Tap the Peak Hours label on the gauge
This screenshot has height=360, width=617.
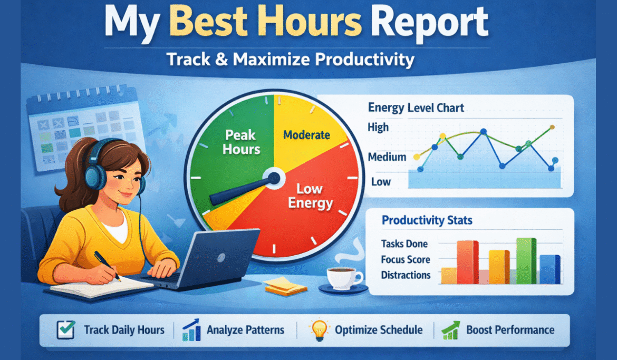tap(242, 142)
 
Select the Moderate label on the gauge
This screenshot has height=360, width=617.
tap(306, 135)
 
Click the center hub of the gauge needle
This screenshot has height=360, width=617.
tap(273, 178)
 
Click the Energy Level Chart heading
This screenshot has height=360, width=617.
tap(416, 108)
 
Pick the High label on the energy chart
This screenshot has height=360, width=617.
tap(378, 127)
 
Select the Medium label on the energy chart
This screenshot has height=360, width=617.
tap(387, 157)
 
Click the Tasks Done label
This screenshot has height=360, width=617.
tap(404, 244)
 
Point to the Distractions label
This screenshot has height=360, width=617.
tap(406, 275)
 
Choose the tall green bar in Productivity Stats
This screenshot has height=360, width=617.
tap(526, 260)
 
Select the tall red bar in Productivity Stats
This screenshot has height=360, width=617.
tap(467, 262)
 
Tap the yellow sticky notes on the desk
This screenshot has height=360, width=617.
tap(285, 286)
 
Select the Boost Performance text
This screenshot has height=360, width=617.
tap(510, 330)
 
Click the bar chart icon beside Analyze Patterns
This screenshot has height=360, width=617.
tap(190, 330)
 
